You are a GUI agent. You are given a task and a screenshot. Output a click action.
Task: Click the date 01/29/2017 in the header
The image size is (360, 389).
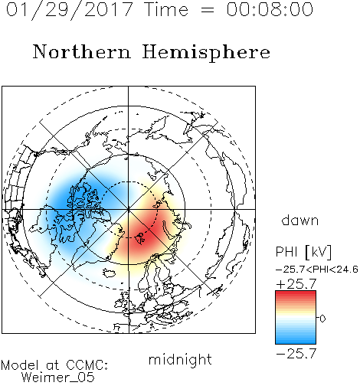[x=70, y=10]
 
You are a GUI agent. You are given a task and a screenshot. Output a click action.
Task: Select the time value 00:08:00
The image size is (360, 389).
[x=270, y=9]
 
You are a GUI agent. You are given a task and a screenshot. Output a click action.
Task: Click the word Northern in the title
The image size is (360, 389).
[x=82, y=51]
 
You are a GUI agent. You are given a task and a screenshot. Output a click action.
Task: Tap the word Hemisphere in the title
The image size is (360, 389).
[x=206, y=53]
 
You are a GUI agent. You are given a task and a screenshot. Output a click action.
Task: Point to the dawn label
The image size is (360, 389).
[x=300, y=221]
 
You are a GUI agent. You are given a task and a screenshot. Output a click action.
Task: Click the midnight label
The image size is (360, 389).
[x=180, y=360]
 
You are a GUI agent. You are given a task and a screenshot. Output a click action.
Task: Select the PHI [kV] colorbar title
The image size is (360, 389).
[x=303, y=252]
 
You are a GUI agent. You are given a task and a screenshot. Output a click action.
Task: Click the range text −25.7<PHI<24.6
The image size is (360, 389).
[x=317, y=270]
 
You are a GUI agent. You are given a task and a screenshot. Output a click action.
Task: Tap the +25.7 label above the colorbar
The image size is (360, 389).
[x=296, y=284]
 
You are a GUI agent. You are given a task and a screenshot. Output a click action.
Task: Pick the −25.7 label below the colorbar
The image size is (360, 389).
[x=296, y=354]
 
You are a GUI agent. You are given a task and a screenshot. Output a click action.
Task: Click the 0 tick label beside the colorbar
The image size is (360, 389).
[x=322, y=319]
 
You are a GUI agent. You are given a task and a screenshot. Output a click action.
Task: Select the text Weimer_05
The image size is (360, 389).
[x=58, y=378]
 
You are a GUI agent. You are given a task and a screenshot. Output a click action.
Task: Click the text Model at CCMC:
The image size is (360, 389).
[x=54, y=365]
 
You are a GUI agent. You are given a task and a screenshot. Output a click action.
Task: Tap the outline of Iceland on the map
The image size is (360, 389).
[x=110, y=273]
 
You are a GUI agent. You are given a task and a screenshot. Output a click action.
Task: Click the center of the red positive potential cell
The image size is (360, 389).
[x=144, y=236]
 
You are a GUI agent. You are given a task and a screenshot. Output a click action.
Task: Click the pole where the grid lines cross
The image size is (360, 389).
[x=129, y=210]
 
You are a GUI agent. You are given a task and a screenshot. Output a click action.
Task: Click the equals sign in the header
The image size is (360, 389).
[x=208, y=10]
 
